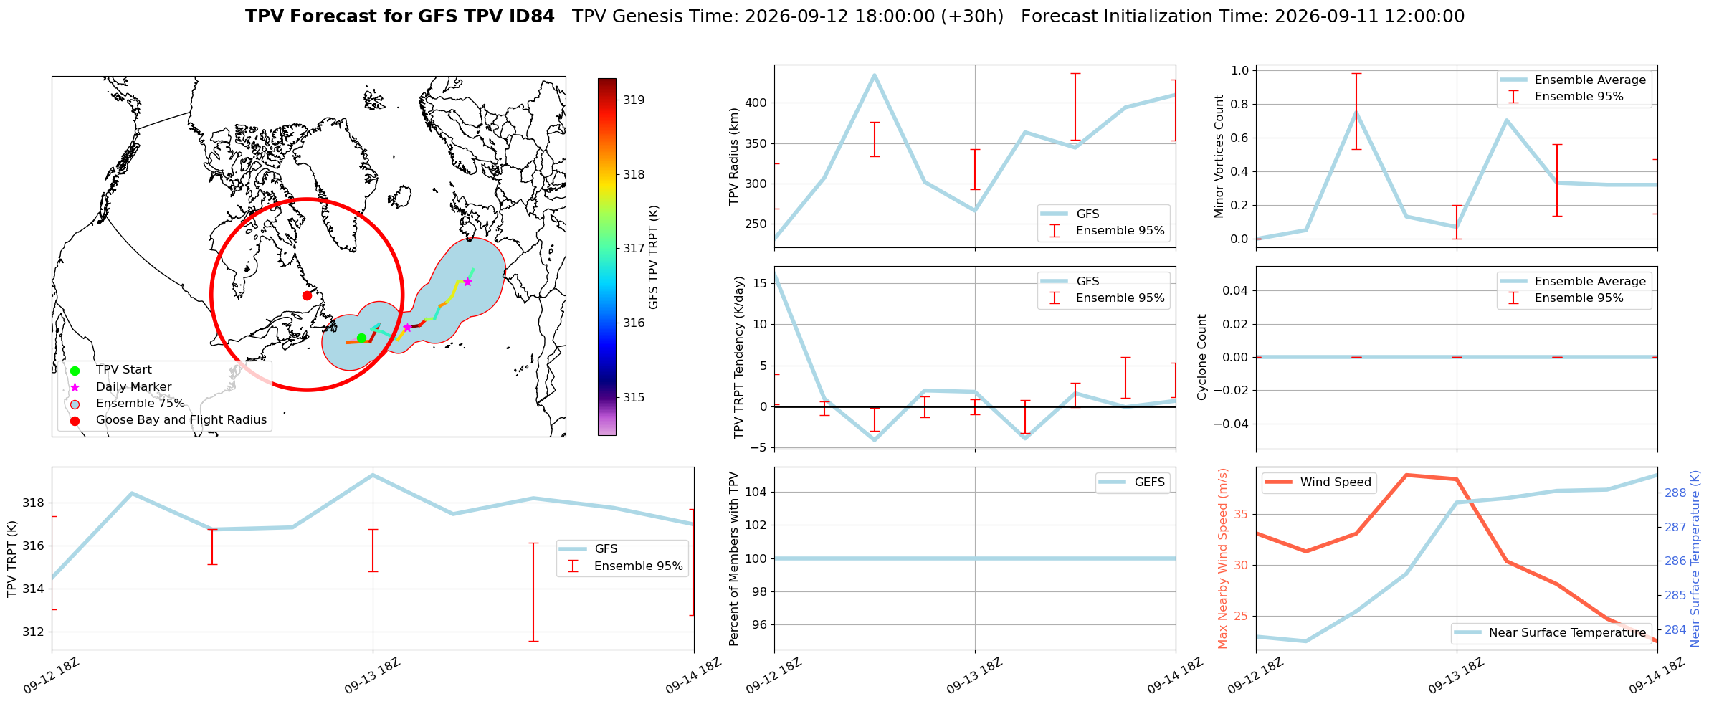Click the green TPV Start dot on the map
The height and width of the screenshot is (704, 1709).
[361, 338]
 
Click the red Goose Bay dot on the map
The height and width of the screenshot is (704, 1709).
[307, 295]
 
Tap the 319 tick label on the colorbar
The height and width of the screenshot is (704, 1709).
[633, 100]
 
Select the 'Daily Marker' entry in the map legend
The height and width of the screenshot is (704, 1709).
[133, 387]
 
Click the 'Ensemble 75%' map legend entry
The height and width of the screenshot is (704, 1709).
[140, 404]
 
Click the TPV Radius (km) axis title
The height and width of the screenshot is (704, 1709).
[733, 156]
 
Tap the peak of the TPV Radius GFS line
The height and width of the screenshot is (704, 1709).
[874, 75]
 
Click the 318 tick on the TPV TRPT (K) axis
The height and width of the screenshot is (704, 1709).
[33, 503]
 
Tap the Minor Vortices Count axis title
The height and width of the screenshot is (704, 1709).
[1219, 156]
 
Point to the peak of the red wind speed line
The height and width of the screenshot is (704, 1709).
[1406, 475]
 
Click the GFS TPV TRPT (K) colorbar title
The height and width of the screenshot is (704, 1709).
[653, 257]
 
